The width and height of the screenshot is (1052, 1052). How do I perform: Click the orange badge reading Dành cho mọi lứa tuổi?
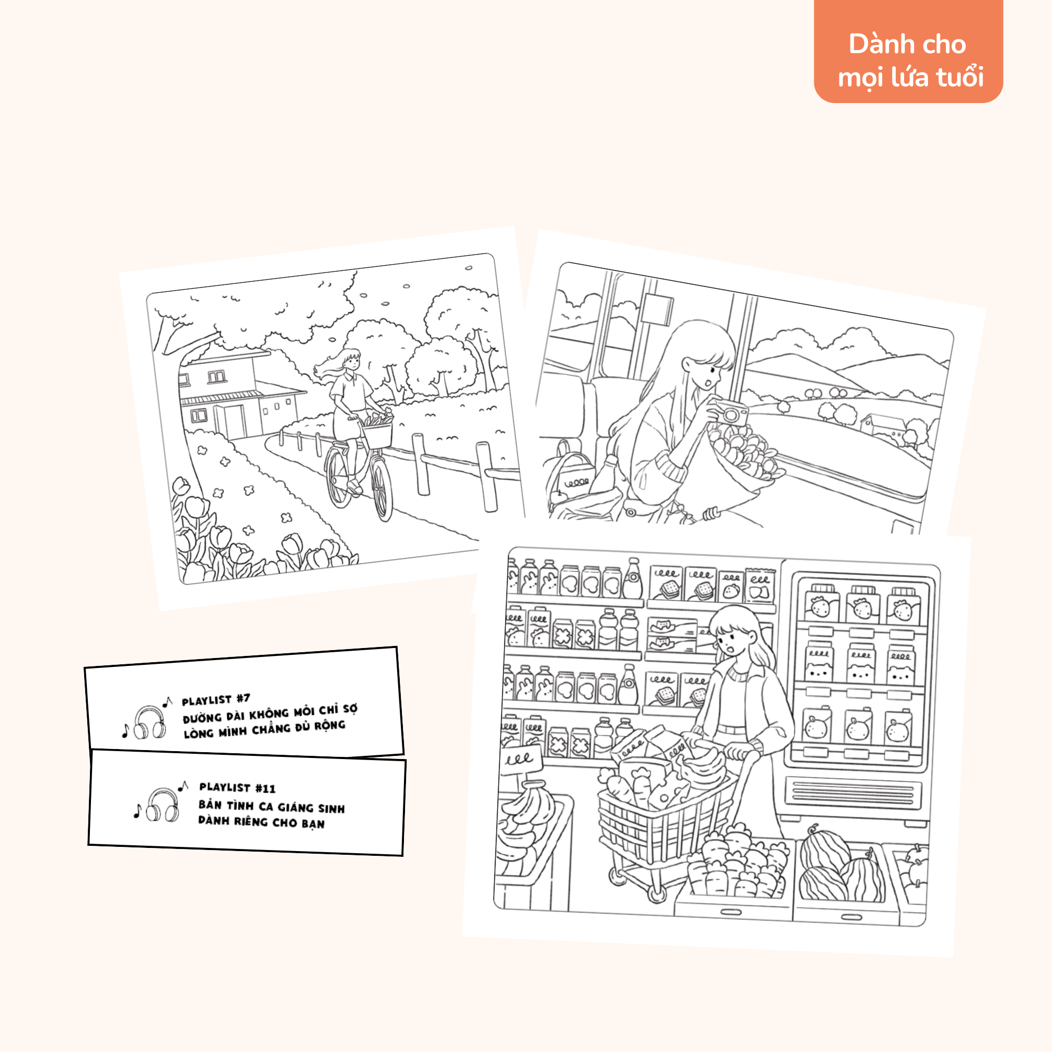908,51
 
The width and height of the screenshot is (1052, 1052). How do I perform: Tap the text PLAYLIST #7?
216,699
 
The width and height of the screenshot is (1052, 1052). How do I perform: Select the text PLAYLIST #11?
237,787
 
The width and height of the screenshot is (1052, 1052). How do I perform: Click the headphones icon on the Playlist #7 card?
149,723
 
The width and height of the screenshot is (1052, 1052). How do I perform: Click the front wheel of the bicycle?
382,490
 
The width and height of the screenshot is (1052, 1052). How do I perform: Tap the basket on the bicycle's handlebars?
376,433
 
